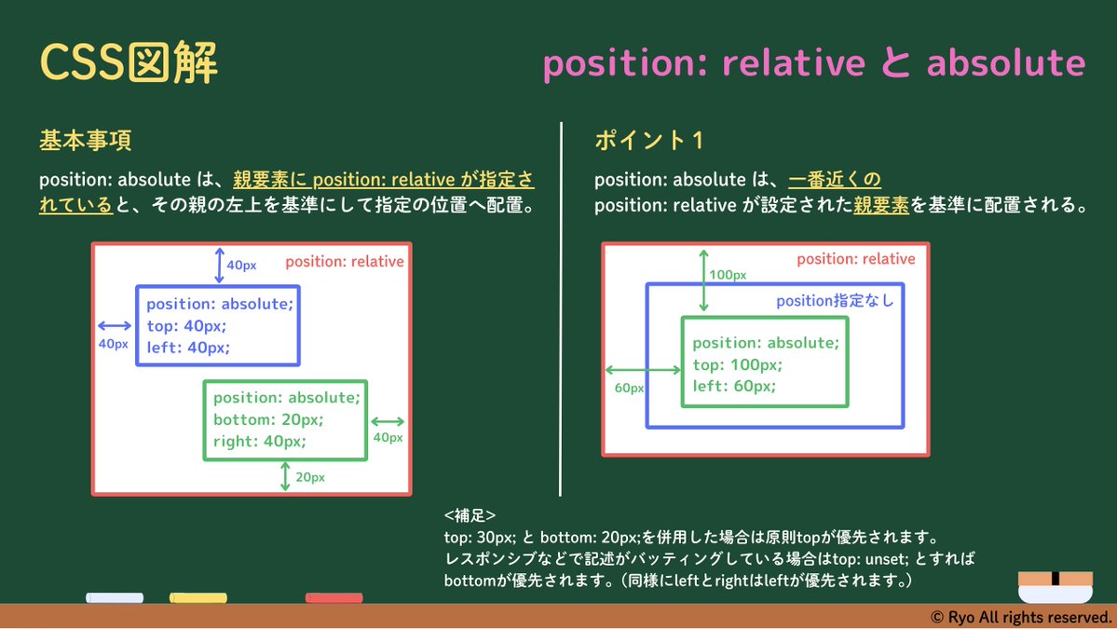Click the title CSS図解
click(129, 63)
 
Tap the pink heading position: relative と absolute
click(813, 63)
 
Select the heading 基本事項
click(85, 141)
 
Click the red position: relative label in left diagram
click(344, 261)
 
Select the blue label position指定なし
click(835, 300)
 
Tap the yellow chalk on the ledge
click(198, 597)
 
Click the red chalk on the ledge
click(334, 597)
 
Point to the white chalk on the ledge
click(115, 597)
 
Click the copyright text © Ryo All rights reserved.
click(1021, 617)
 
